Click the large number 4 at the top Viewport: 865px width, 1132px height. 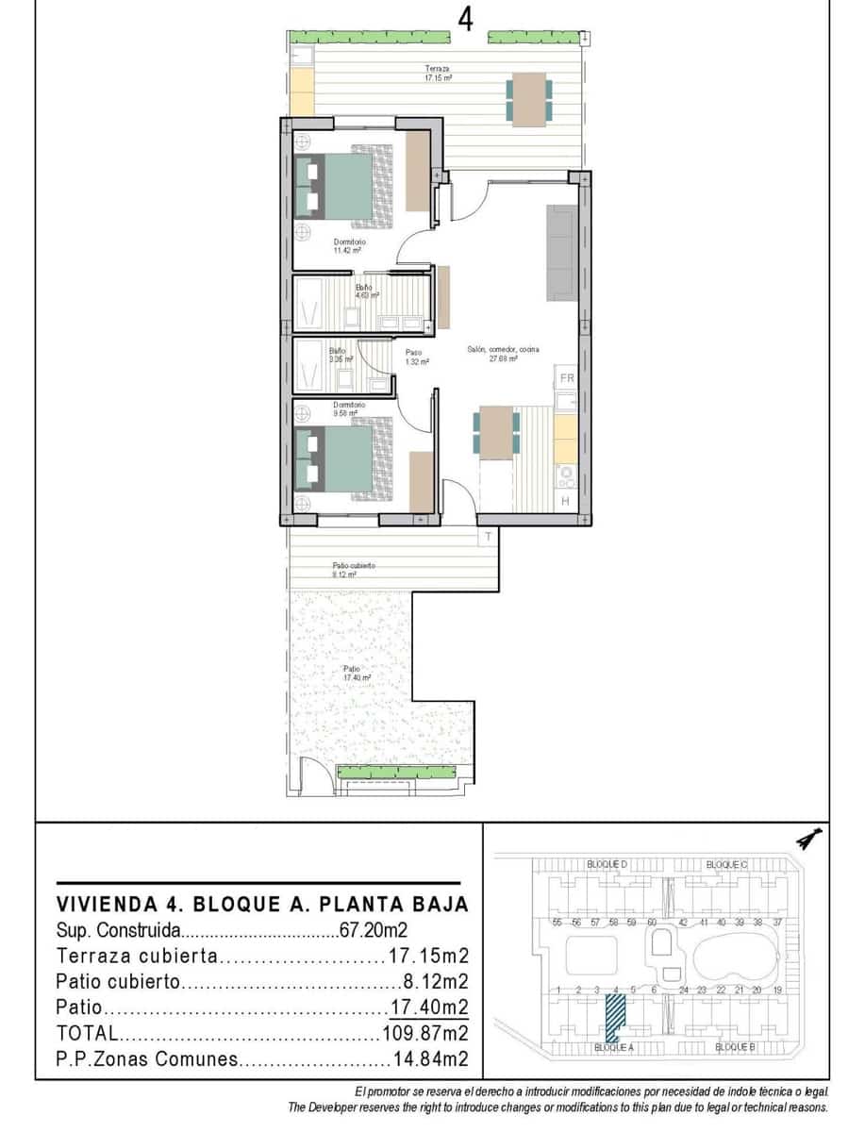pos(465,19)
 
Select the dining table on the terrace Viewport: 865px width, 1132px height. pos(529,99)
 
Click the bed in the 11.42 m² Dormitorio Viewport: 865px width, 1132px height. pos(344,188)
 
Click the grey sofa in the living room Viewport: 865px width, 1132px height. pos(562,249)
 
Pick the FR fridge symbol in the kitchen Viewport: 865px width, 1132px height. pos(567,378)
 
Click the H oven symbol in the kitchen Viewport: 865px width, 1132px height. pos(566,501)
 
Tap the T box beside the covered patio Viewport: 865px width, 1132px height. pos(488,537)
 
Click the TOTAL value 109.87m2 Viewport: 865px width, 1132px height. pos(424,1033)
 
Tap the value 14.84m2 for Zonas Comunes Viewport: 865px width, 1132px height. pos(429,1059)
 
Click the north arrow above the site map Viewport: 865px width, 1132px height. pos(809,836)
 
